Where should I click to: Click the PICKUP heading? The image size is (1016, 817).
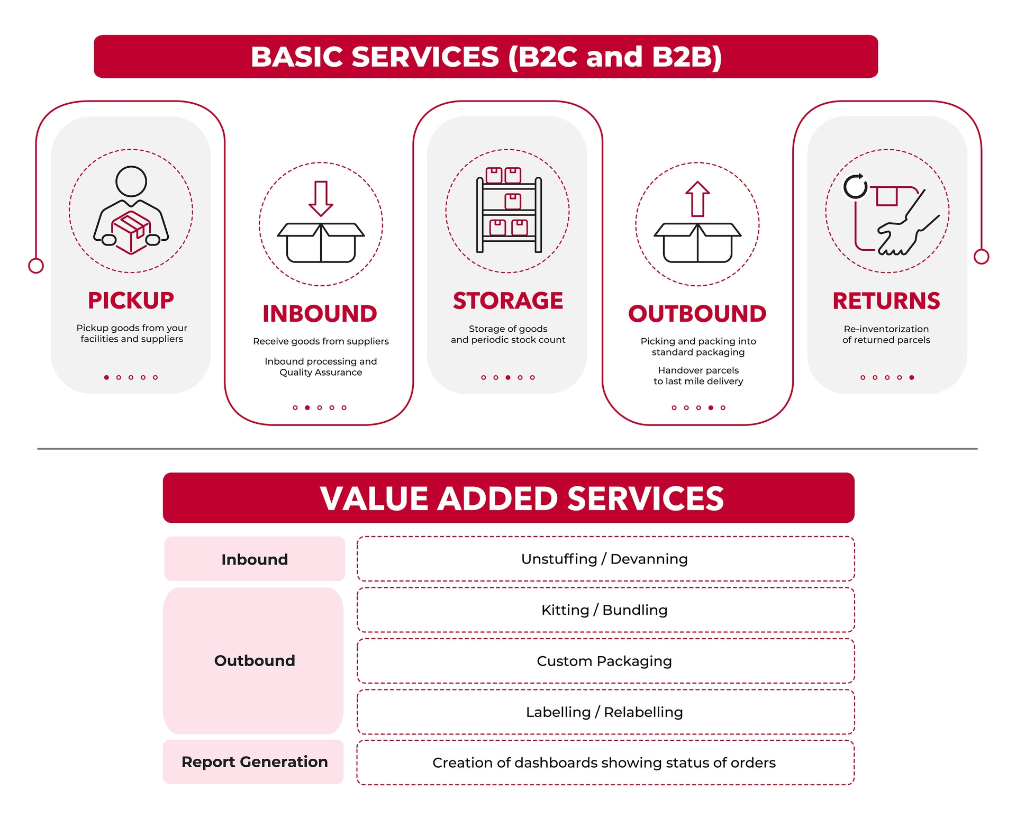point(131,301)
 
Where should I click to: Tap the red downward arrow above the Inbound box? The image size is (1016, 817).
point(321,198)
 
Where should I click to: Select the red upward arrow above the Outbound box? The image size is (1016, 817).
point(697,199)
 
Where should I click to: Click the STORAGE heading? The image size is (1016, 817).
point(508,301)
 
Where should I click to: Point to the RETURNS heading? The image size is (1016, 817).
point(886,301)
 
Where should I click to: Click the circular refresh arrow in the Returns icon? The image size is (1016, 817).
point(855,186)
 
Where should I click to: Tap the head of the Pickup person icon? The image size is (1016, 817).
point(131,181)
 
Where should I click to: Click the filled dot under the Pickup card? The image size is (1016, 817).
point(106,377)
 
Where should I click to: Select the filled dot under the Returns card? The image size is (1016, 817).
point(911,377)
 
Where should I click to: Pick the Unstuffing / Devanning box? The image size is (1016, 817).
point(605,559)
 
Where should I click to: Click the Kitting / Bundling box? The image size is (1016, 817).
point(605,610)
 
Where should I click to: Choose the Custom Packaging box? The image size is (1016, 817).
point(605,661)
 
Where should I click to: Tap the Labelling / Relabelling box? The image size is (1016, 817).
point(605,712)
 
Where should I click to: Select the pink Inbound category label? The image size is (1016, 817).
point(255,559)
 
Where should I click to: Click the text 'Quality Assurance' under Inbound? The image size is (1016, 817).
point(321,373)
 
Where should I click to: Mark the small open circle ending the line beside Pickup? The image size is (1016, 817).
point(36,266)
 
